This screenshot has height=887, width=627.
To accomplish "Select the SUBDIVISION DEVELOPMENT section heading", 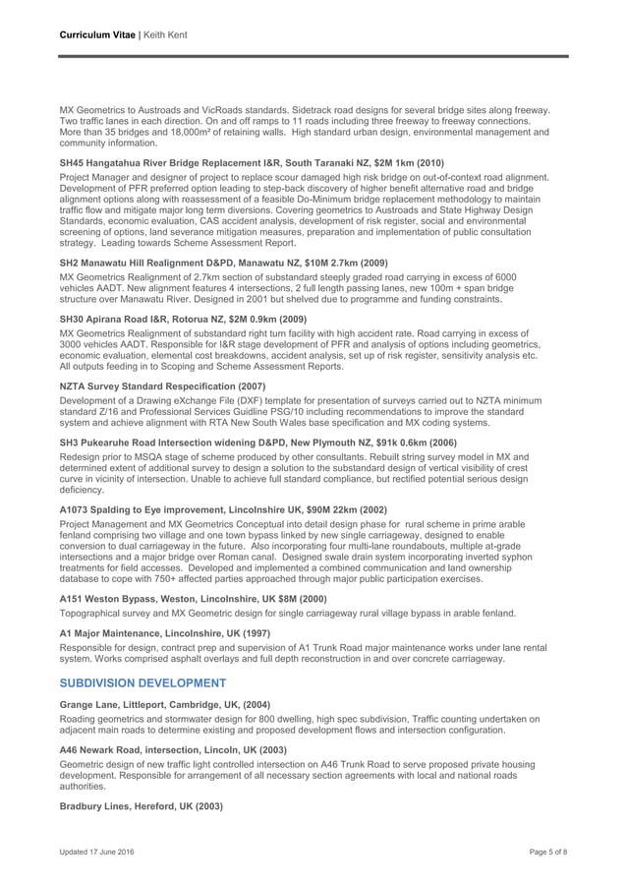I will [143, 682].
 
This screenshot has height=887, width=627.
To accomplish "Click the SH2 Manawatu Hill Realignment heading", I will [223, 263].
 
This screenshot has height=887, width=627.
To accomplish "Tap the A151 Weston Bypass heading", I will [192, 598].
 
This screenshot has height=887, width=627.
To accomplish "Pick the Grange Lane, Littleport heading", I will [165, 704].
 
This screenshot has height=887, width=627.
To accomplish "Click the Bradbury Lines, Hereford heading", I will [142, 804].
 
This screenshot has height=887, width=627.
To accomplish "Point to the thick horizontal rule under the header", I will [313, 56].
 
